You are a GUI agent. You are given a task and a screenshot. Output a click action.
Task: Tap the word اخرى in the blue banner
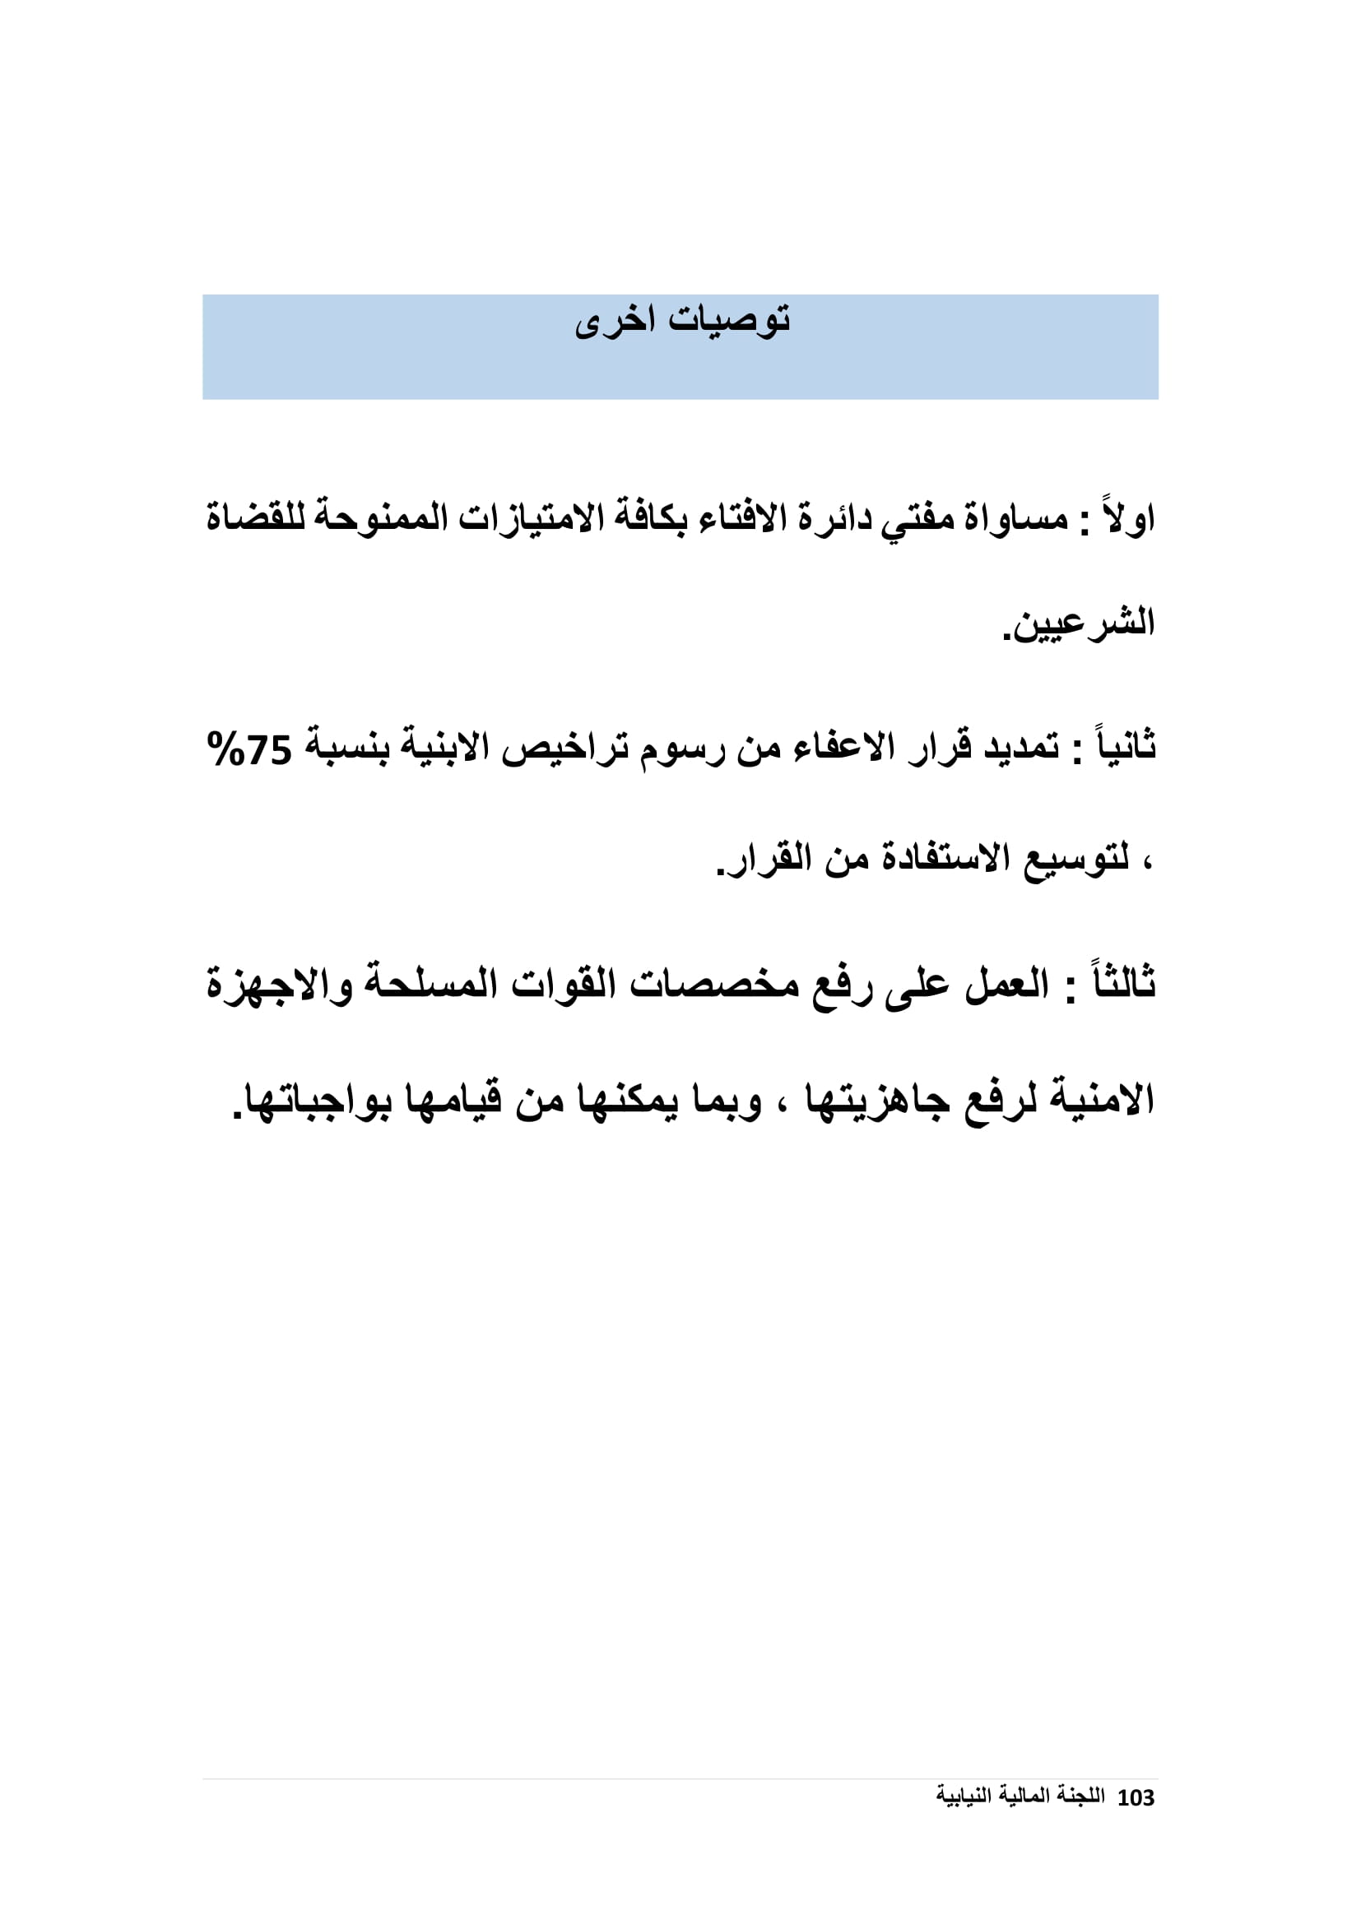615,322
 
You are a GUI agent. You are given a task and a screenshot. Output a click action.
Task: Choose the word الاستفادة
945,859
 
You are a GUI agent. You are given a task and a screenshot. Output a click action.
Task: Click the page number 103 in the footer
1136,1797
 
